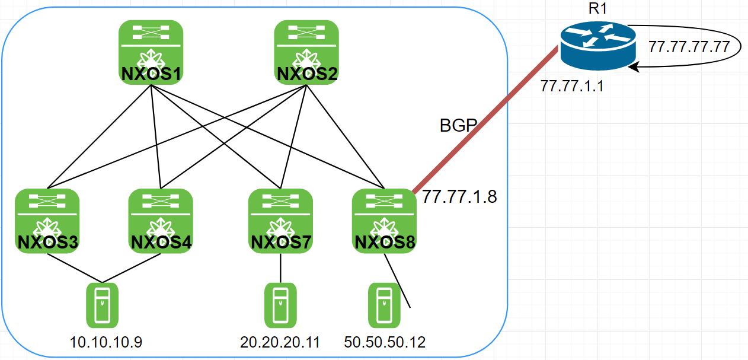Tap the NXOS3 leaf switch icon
tap(47, 221)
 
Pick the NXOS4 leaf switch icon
tap(161, 221)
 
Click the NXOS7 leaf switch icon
tap(280, 221)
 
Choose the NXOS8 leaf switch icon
tap(383, 221)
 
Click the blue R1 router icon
tap(593, 46)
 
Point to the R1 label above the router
tap(593, 9)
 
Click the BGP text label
tap(458, 126)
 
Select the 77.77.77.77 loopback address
tap(689, 47)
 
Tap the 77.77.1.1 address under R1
tap(571, 87)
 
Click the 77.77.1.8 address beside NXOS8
tap(459, 197)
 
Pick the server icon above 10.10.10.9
tap(103, 305)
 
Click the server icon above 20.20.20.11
tap(280, 305)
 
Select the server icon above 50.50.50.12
tap(383, 305)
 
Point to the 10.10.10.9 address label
tap(106, 342)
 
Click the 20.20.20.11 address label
tap(280, 342)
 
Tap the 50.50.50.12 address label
tap(385, 342)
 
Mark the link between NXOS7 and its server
tap(280, 269)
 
